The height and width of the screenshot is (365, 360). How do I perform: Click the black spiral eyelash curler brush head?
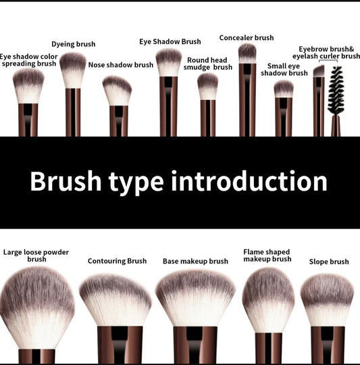point(336,91)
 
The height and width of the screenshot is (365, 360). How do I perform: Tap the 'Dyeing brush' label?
point(73,44)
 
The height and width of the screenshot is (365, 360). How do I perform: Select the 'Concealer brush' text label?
point(247,38)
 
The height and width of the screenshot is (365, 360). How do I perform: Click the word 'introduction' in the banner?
point(249,181)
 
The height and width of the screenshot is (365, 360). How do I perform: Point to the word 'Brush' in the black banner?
point(66,181)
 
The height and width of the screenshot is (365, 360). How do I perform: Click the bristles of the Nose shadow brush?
point(118,91)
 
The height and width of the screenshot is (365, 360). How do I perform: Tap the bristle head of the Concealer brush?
point(247,53)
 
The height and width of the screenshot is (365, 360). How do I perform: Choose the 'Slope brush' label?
point(329,262)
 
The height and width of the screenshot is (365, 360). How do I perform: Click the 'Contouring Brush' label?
point(117,261)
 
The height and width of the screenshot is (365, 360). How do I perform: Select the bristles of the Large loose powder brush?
point(36,308)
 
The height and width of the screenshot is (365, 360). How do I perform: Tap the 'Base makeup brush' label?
point(195,261)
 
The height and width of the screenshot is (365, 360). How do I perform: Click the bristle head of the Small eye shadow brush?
point(284,89)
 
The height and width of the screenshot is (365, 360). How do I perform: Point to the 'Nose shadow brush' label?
point(121,65)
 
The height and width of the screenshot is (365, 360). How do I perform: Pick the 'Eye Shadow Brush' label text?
point(170,42)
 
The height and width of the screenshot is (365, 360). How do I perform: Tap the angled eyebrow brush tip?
point(319,71)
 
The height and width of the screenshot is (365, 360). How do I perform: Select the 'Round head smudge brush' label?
point(207,64)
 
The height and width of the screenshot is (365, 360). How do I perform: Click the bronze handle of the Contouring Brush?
point(120,345)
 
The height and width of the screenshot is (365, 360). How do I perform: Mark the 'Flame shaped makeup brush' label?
point(267,255)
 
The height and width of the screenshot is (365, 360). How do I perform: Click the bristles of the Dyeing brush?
point(73,70)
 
